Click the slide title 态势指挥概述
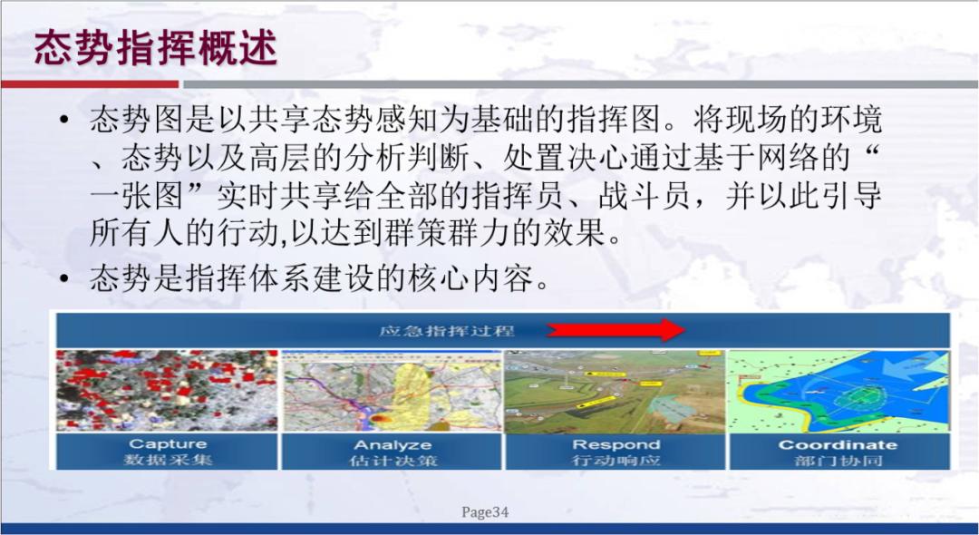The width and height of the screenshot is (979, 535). click(156, 48)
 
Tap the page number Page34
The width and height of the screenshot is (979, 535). click(485, 512)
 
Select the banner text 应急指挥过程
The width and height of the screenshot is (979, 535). click(446, 330)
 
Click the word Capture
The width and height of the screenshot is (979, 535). click(168, 444)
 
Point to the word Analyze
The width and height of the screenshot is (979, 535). click(392, 445)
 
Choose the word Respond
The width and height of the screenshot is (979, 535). click(616, 445)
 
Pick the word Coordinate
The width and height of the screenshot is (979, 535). click(838, 445)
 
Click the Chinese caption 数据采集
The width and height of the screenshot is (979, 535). click(168, 461)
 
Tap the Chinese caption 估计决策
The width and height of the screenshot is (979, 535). click(392, 461)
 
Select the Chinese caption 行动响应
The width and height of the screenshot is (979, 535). click(616, 461)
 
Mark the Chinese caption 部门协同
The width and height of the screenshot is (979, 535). click(838, 461)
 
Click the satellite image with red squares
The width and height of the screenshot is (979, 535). click(167, 391)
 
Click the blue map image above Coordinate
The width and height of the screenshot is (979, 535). click(838, 391)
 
